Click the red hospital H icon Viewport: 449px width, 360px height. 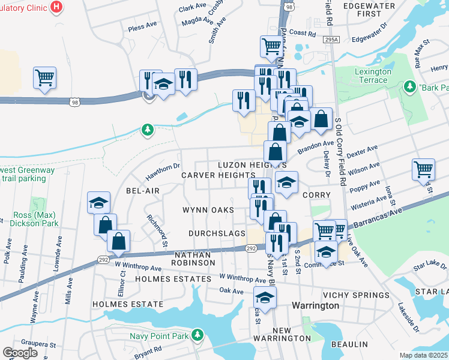pyautogui.click(x=56, y=7)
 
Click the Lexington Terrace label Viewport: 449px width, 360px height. pyautogui.click(x=370, y=76)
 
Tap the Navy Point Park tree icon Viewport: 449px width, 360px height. pyautogui.click(x=196, y=336)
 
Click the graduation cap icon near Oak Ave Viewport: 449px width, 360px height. pyautogui.click(x=265, y=297)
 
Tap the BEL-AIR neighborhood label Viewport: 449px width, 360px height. pyautogui.click(x=142, y=190)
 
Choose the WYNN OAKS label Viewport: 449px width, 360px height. pyautogui.click(x=208, y=210)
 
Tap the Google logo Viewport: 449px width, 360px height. pyautogui.click(x=20, y=353)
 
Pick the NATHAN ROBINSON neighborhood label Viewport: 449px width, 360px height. pyautogui.click(x=194, y=259)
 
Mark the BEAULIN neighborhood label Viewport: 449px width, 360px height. pyautogui.click(x=349, y=344)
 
